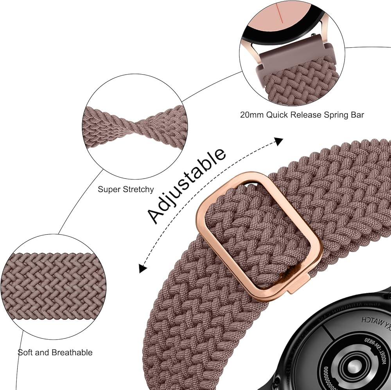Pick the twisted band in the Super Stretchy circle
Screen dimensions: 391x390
pyautogui.click(x=135, y=126)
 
